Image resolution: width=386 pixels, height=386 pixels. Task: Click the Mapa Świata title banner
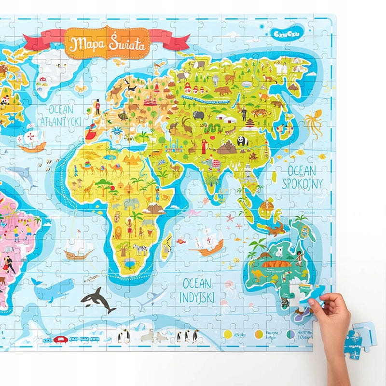tap(109, 42)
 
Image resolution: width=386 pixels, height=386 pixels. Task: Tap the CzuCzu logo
tap(281, 33)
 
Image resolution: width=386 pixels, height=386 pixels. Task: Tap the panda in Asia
tap(243, 140)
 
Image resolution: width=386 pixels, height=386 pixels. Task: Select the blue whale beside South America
tap(53, 290)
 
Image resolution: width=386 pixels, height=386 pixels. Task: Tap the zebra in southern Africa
tap(140, 249)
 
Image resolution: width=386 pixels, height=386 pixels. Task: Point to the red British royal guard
tap(97, 106)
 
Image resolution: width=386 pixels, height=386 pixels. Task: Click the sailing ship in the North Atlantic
tap(32, 139)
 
